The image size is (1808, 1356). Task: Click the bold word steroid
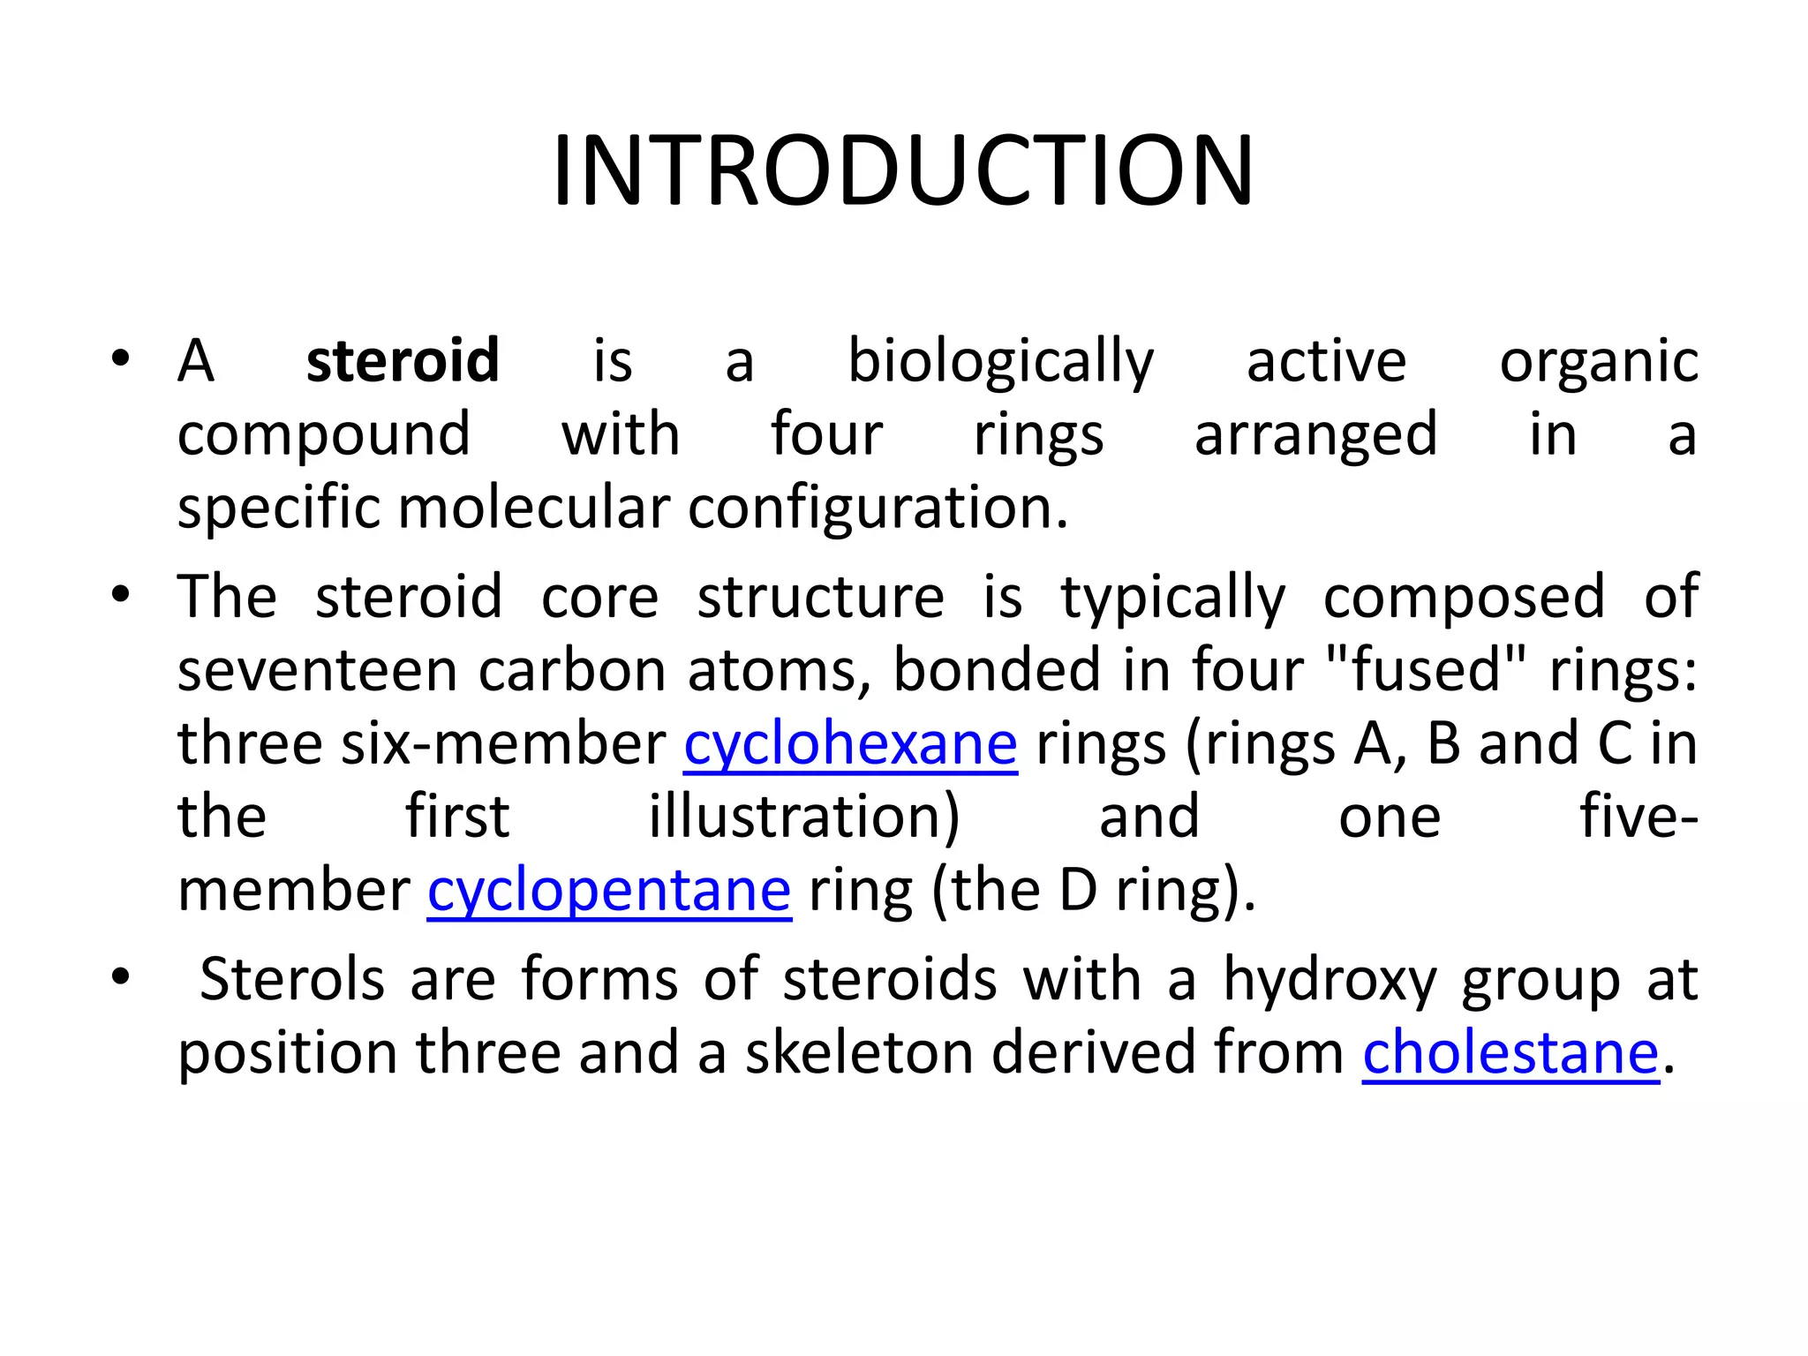coord(403,360)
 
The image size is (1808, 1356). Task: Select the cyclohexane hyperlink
coord(850,743)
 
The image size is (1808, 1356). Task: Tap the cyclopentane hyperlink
coord(609,890)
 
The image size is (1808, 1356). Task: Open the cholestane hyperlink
coord(1510,1052)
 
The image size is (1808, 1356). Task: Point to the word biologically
coord(1000,362)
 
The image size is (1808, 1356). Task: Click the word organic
coord(1598,362)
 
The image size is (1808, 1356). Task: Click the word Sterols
coord(292,979)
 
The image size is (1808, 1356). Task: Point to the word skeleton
coord(859,1052)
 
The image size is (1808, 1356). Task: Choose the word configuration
coord(878,509)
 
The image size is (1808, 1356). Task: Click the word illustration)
coord(804,817)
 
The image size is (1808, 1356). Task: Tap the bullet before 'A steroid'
coord(121,359)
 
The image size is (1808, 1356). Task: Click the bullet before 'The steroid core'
coord(121,594)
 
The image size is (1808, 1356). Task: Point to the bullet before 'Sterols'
coord(121,977)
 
